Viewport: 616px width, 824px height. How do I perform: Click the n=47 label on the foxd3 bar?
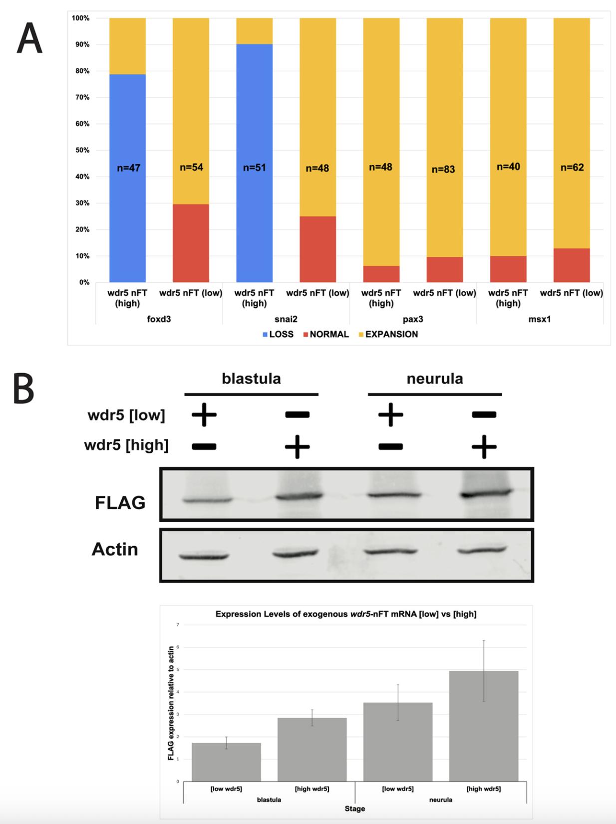(128, 168)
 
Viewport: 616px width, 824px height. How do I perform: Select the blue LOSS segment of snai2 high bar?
(254, 200)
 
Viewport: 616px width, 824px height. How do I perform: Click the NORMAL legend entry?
(326, 334)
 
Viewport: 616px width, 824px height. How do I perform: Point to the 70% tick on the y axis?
(80, 97)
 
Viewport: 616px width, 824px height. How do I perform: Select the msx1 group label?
(540, 319)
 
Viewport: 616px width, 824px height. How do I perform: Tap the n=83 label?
(443, 170)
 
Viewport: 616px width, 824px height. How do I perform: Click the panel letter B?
(23, 390)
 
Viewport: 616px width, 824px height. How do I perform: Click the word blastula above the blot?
(251, 379)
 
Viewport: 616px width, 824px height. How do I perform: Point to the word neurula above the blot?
(435, 379)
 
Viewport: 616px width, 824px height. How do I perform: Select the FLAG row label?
(120, 503)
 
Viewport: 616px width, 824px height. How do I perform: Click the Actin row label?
(115, 549)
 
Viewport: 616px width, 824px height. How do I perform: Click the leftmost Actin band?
(204, 556)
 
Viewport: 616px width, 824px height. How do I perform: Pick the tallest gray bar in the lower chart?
(483, 726)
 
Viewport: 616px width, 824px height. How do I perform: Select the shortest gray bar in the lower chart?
(226, 762)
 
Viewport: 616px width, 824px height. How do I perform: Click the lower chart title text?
(345, 614)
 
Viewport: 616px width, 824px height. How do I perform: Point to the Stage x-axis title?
(354, 809)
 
